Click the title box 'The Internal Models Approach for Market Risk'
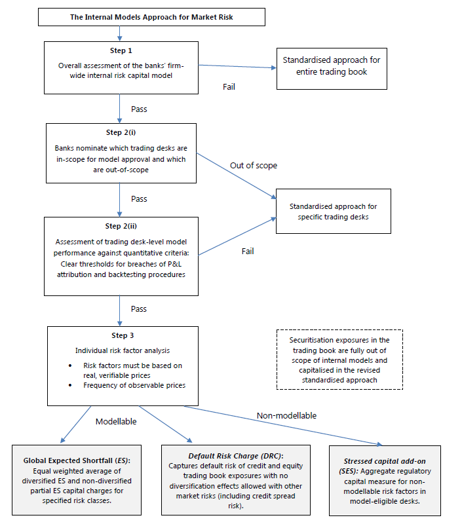click(151, 17)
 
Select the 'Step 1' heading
click(121, 50)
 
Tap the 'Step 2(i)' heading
click(121, 132)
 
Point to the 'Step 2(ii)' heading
click(121, 226)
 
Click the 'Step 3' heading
click(123, 335)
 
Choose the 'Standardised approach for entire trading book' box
click(332, 69)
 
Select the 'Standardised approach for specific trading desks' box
click(334, 211)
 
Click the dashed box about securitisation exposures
click(339, 360)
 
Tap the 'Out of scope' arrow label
click(254, 166)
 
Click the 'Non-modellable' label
click(286, 415)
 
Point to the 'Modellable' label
click(116, 421)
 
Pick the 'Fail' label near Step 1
click(229, 87)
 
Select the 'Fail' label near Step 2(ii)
click(248, 252)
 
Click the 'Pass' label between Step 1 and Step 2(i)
click(139, 109)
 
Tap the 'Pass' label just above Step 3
click(139, 309)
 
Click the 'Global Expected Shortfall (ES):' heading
click(77, 460)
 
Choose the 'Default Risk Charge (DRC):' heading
click(236, 456)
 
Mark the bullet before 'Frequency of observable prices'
click(70, 385)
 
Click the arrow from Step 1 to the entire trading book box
click(237, 67)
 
